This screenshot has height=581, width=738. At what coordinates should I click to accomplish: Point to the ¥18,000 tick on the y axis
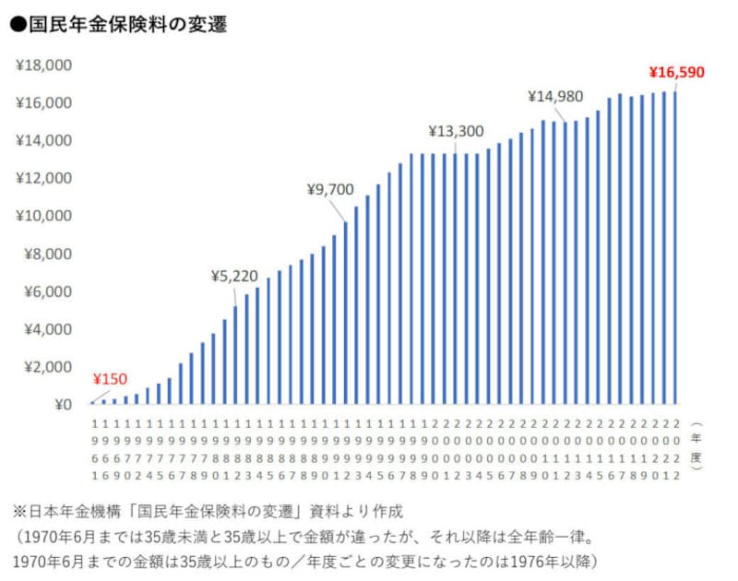pyautogui.click(x=43, y=65)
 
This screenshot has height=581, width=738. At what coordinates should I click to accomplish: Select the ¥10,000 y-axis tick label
pyautogui.click(x=43, y=216)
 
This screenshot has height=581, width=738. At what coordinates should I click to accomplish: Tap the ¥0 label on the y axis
pyautogui.click(x=62, y=404)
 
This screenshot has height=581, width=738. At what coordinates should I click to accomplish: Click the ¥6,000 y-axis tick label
pyautogui.click(x=47, y=291)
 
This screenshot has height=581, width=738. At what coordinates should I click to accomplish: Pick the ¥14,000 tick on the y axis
pyautogui.click(x=43, y=141)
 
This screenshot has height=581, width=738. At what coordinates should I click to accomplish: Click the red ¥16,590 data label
pyautogui.click(x=676, y=72)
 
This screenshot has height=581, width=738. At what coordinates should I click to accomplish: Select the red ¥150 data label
pyautogui.click(x=110, y=379)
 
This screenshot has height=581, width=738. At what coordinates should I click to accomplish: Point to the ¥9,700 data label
pyautogui.click(x=330, y=190)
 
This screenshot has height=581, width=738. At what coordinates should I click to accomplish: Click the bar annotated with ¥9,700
pyautogui.click(x=345, y=314)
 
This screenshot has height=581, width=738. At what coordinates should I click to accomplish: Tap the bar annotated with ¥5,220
pyautogui.click(x=235, y=355)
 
